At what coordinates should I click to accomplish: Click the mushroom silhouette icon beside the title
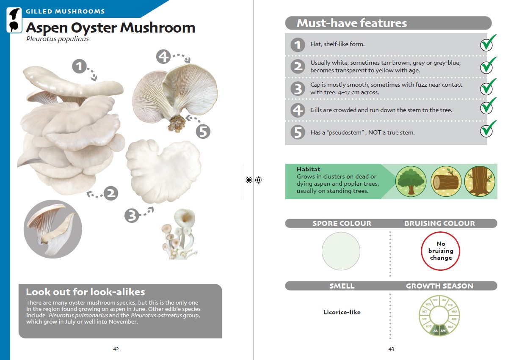pyautogui.click(x=14, y=20)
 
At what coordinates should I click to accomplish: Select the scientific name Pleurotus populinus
pyautogui.click(x=58, y=39)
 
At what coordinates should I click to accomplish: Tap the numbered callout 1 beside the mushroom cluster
pyautogui.click(x=80, y=66)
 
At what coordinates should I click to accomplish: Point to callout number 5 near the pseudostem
pyautogui.click(x=203, y=132)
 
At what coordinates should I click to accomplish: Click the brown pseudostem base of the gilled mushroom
pyautogui.click(x=176, y=124)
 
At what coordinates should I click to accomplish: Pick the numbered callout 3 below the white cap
pyautogui.click(x=132, y=215)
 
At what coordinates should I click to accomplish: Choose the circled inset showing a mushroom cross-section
pyautogui.click(x=53, y=229)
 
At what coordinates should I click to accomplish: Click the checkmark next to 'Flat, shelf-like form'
pyautogui.click(x=488, y=43)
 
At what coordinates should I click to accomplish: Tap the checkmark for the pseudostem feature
pyautogui.click(x=488, y=129)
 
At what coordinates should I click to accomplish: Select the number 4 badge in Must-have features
pyautogui.click(x=298, y=110)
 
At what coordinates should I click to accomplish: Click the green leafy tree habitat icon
pyautogui.click(x=411, y=181)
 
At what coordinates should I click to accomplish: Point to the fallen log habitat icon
pyautogui.click(x=446, y=181)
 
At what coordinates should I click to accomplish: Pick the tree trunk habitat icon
pyautogui.click(x=480, y=181)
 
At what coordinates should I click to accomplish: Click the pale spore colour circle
pyautogui.click(x=341, y=251)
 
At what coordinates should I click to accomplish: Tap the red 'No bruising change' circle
pyautogui.click(x=440, y=251)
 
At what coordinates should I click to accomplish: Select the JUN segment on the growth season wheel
pyautogui.click(x=443, y=330)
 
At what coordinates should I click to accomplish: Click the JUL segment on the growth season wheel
pyautogui.click(x=436, y=330)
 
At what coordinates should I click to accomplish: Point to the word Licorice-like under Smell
pyautogui.click(x=342, y=312)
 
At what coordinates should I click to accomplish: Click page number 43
pyautogui.click(x=391, y=349)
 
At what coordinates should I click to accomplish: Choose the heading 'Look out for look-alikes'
pyautogui.click(x=86, y=292)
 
